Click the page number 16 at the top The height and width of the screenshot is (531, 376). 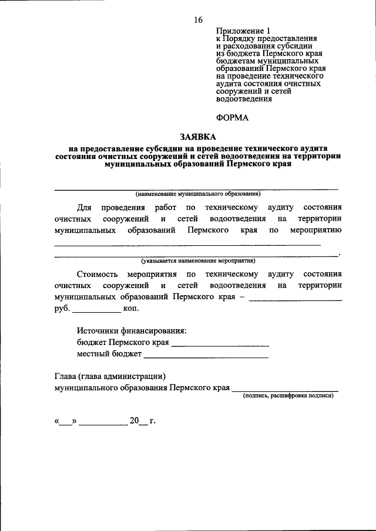coord(198,19)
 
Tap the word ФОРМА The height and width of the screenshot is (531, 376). coord(232,117)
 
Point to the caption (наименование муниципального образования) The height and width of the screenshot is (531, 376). coord(197,194)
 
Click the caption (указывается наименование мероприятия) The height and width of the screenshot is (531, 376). coord(197,260)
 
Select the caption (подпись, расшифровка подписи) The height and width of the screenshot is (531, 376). coord(288,396)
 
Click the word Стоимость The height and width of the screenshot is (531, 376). coord(97,274)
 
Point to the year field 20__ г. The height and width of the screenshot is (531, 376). coord(142,421)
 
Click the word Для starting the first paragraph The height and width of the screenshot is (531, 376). coord(84,207)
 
